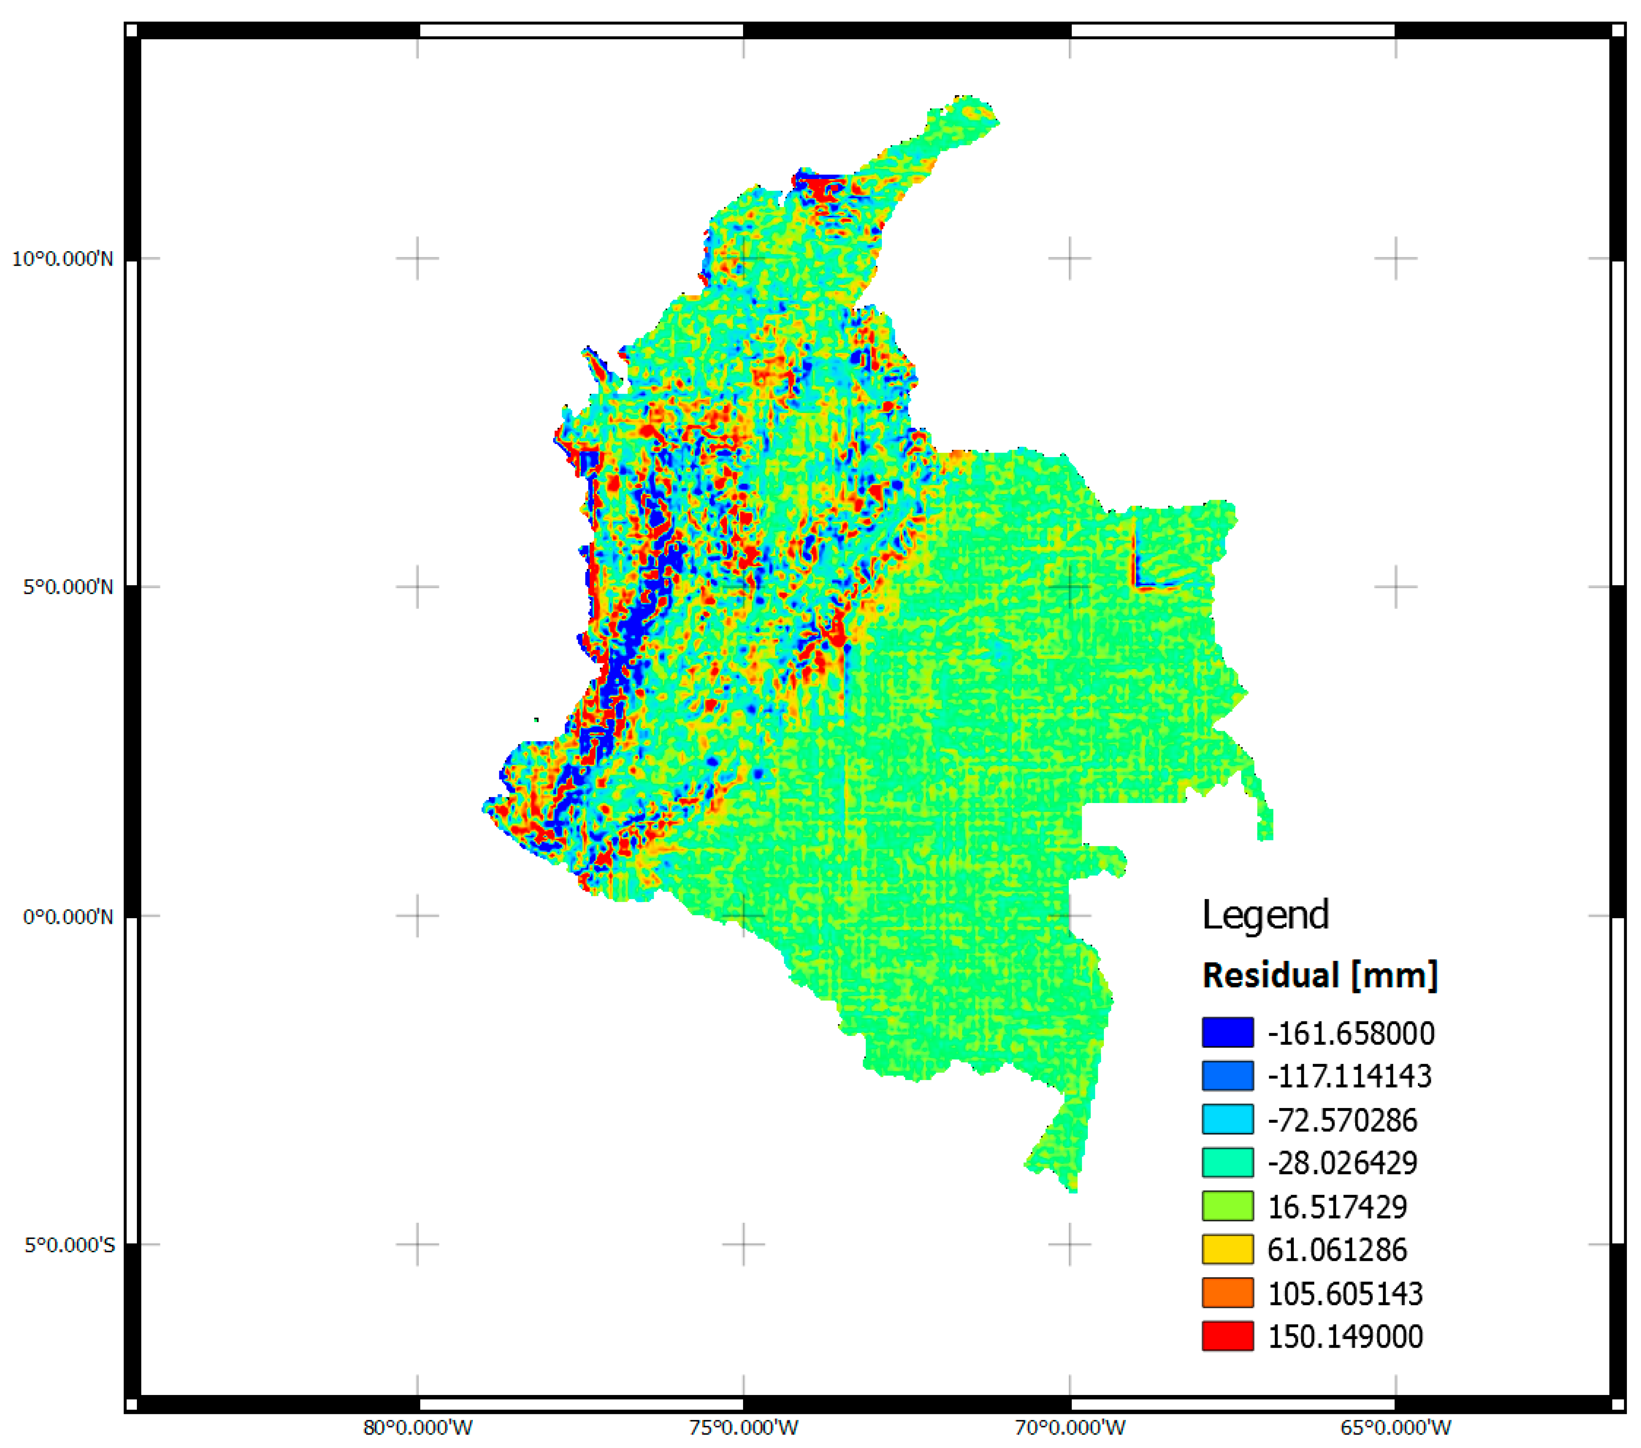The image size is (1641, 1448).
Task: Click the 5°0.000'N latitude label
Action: click(x=68, y=587)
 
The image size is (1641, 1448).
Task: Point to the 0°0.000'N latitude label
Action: click(x=68, y=916)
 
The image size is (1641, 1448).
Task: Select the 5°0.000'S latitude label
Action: click(x=70, y=1245)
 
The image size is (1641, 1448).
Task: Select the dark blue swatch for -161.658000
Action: click(x=1228, y=1032)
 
